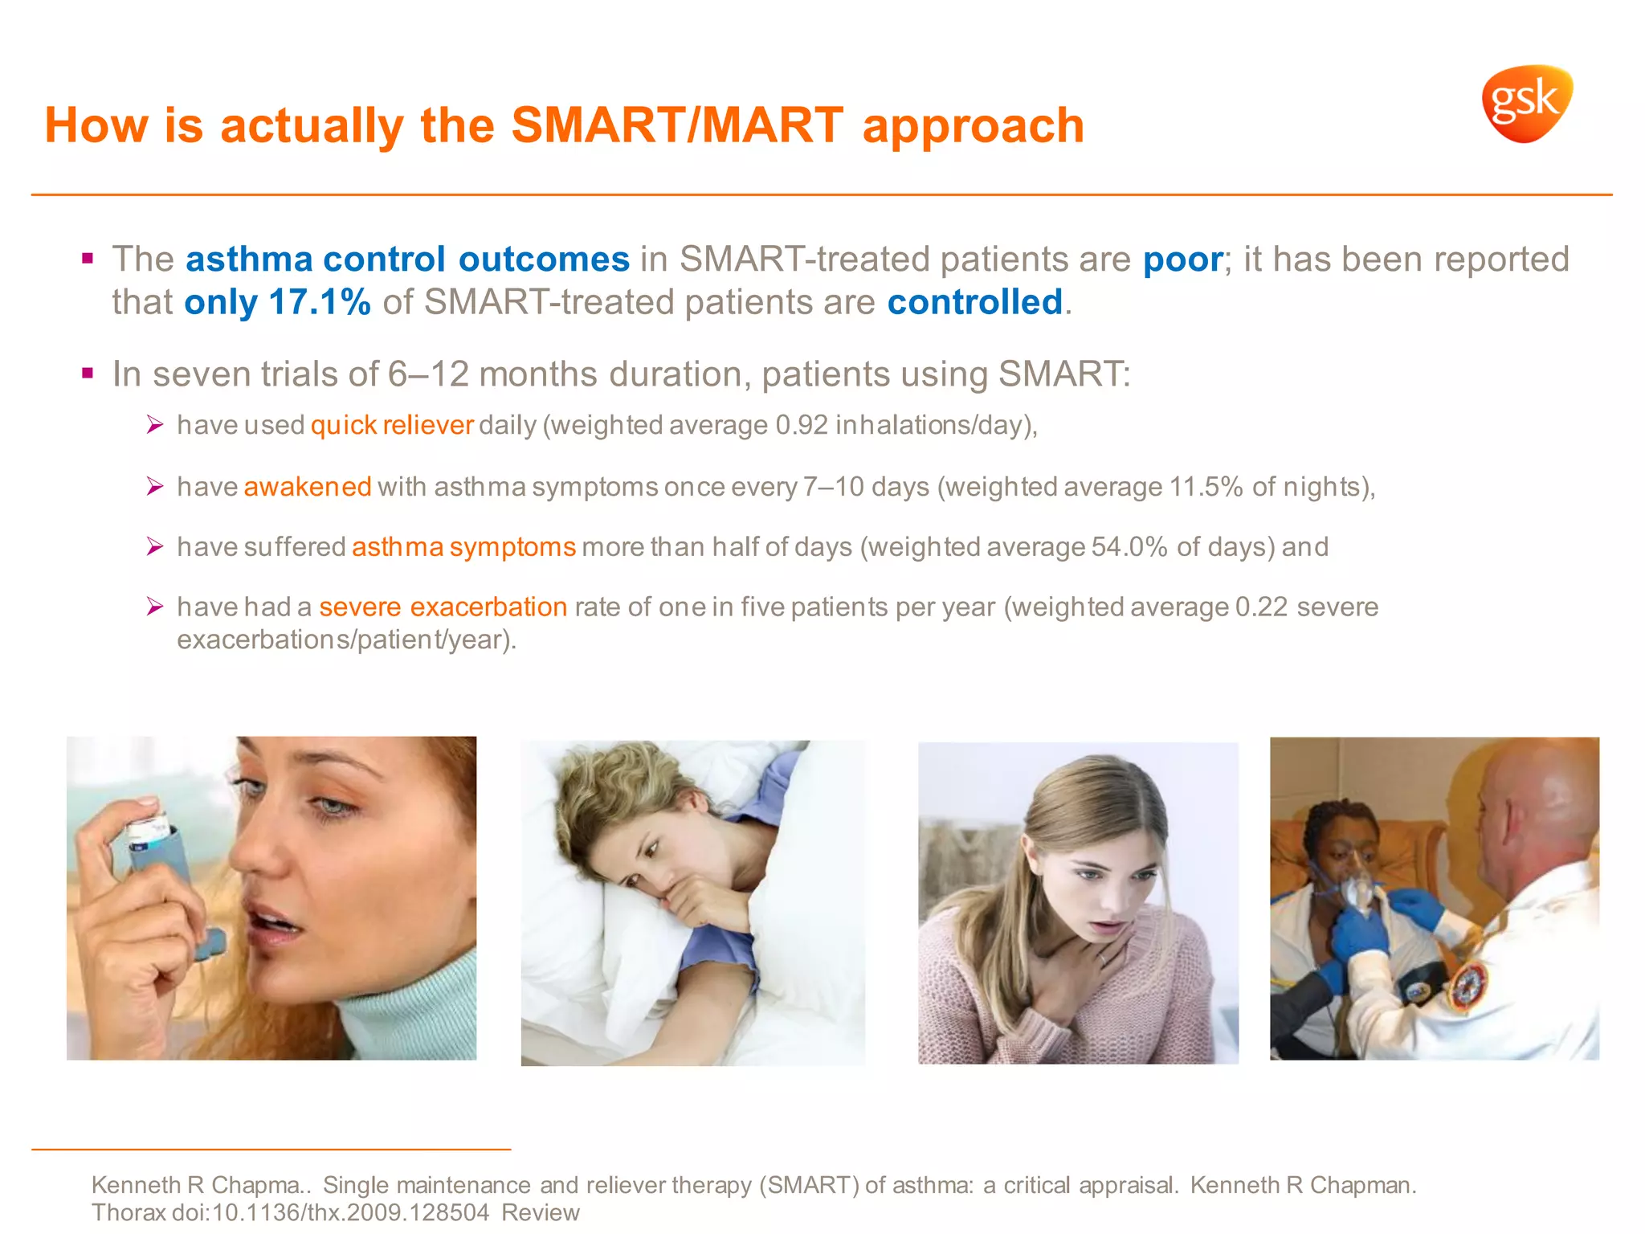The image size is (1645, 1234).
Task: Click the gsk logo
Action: [x=1526, y=104]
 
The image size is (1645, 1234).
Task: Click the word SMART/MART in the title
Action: [x=676, y=126]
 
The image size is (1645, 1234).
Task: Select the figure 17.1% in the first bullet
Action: [x=320, y=302]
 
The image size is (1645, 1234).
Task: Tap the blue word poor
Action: [x=1182, y=259]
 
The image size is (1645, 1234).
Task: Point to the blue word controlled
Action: [x=975, y=302]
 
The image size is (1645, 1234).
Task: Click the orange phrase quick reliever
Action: [x=392, y=425]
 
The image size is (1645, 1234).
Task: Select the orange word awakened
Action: [x=308, y=487]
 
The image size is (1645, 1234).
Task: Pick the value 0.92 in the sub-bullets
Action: [x=802, y=425]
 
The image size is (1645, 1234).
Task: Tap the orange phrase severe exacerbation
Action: [x=443, y=607]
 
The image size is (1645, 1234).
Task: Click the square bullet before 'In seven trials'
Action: [x=88, y=374]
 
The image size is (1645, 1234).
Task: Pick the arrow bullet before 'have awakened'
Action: [x=155, y=486]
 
